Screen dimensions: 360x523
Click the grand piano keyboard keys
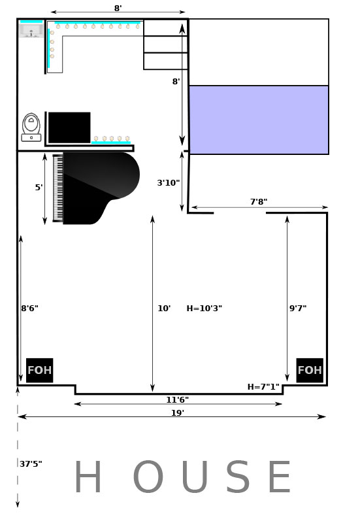pos(58,188)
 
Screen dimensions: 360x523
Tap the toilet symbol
pos(31,127)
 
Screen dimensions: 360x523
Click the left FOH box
pos(39,370)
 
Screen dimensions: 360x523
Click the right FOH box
pos(310,370)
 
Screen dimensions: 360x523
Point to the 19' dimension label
pos(178,413)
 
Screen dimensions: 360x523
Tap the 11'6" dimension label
pos(178,399)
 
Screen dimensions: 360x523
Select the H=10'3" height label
pos(205,308)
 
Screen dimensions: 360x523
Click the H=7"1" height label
pos(263,386)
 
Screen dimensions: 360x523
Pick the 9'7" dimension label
pos(298,308)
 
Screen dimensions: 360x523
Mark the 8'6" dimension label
pos(29,308)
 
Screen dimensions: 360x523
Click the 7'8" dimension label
pos(259,201)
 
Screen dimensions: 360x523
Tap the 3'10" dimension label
pos(169,182)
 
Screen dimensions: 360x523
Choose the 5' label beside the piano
pos(39,187)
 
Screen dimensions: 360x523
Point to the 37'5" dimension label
pos(31,464)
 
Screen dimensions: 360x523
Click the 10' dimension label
pos(164,308)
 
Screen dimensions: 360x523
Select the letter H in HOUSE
pos(88,477)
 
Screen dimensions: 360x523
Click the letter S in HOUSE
pos(238,477)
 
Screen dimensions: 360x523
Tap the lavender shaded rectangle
pos(259,120)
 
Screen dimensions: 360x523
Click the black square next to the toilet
pos(69,127)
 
